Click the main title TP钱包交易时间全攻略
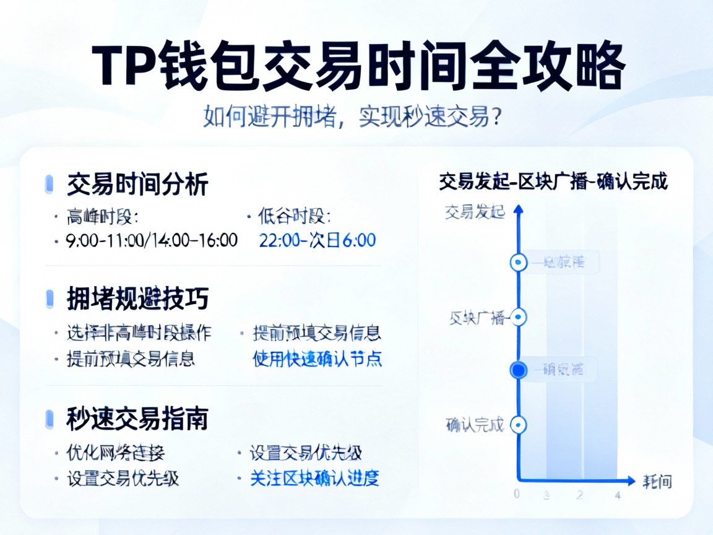(358, 66)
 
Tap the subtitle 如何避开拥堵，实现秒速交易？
(352, 116)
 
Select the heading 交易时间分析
(137, 185)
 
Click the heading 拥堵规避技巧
(137, 300)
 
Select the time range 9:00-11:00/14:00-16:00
(152, 240)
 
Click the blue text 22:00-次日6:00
(318, 240)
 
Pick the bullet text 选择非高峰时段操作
(139, 333)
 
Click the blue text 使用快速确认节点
(318, 359)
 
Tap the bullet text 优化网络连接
(116, 453)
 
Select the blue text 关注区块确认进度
(314, 478)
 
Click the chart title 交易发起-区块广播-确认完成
(553, 183)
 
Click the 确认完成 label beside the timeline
(475, 425)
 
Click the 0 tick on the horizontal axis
(517, 495)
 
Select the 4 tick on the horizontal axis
(617, 495)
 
